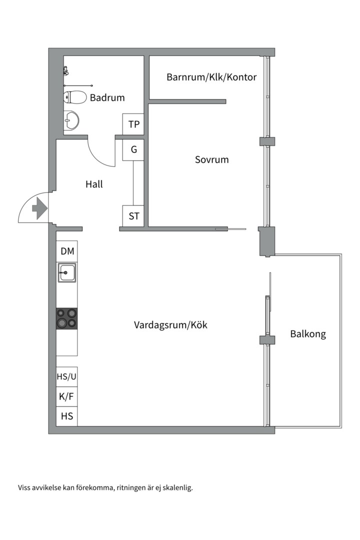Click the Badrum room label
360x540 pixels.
click(x=107, y=97)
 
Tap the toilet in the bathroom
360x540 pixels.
click(x=73, y=97)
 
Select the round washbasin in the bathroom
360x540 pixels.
click(x=72, y=120)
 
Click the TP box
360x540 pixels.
click(x=133, y=124)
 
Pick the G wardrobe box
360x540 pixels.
click(x=133, y=149)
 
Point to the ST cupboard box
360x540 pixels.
click(x=133, y=216)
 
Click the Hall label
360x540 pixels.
click(x=94, y=184)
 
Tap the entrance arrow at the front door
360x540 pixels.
click(x=38, y=207)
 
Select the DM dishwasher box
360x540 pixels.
click(x=67, y=251)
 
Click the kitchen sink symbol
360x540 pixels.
click(x=67, y=273)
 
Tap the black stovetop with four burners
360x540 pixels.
click(x=67, y=318)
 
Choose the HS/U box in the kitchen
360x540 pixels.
click(x=67, y=377)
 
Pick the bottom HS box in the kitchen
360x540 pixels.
click(x=67, y=415)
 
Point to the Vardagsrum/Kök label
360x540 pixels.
click(x=170, y=325)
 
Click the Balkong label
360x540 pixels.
click(x=308, y=334)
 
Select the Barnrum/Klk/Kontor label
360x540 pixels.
click(x=211, y=77)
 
